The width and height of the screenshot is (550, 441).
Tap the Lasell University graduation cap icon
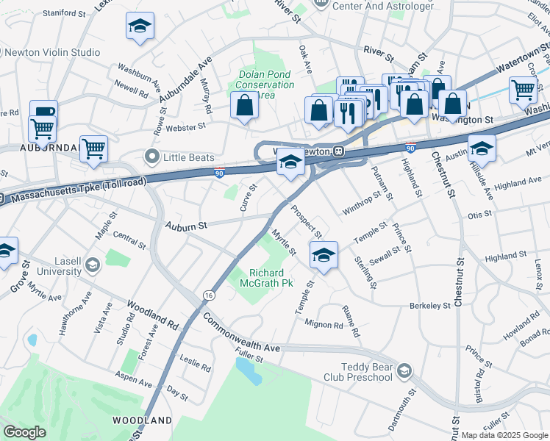click(x=93, y=265)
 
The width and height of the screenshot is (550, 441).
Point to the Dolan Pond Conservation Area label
click(x=264, y=85)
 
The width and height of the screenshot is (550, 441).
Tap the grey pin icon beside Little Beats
click(x=152, y=157)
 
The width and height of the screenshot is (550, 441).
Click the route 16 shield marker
click(x=209, y=295)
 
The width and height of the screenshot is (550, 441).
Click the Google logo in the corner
click(x=24, y=432)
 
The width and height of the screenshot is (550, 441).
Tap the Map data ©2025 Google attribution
click(x=504, y=435)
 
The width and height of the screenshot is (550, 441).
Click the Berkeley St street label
click(x=430, y=305)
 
